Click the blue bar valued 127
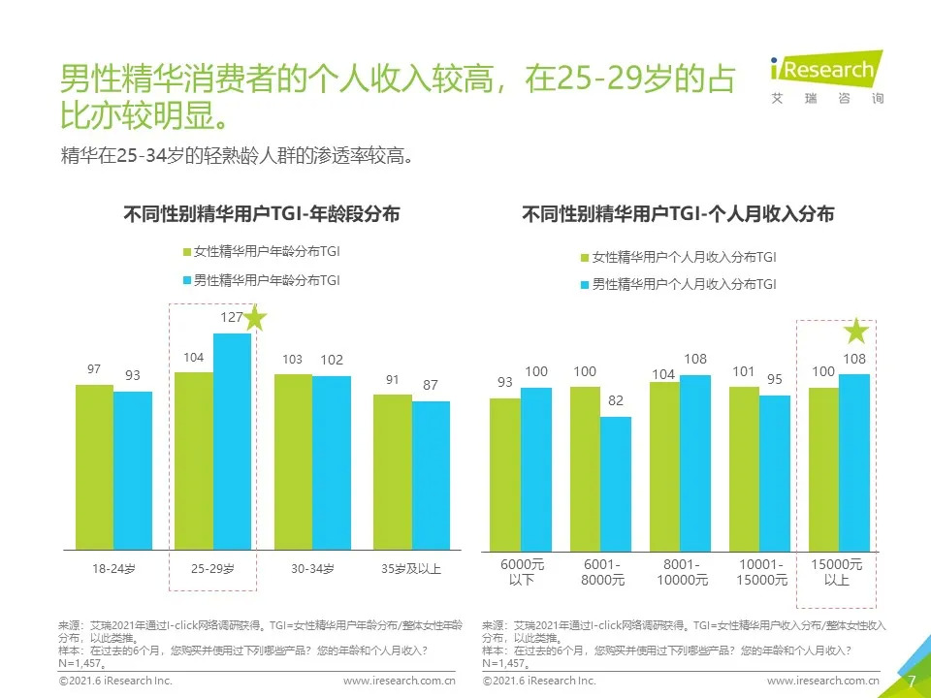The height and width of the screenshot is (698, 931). click(x=232, y=441)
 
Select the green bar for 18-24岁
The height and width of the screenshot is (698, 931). click(x=94, y=466)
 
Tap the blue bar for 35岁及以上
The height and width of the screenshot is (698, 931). click(x=431, y=475)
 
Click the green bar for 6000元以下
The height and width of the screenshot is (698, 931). click(x=504, y=474)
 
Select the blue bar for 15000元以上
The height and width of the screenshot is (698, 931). click(x=853, y=462)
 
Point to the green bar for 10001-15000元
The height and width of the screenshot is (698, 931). click(x=744, y=468)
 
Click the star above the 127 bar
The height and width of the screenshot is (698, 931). click(x=254, y=318)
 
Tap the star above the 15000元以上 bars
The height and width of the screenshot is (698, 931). click(x=856, y=333)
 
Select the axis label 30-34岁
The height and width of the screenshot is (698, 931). click(x=312, y=569)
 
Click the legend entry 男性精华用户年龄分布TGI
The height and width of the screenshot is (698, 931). click(x=261, y=280)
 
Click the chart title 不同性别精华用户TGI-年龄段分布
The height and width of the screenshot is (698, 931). click(x=262, y=214)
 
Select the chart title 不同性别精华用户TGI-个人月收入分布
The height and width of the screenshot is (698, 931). click(x=678, y=214)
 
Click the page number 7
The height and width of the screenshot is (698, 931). click(x=912, y=681)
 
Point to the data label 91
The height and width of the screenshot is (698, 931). click(x=393, y=380)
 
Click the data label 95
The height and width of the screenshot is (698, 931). click(x=775, y=379)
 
